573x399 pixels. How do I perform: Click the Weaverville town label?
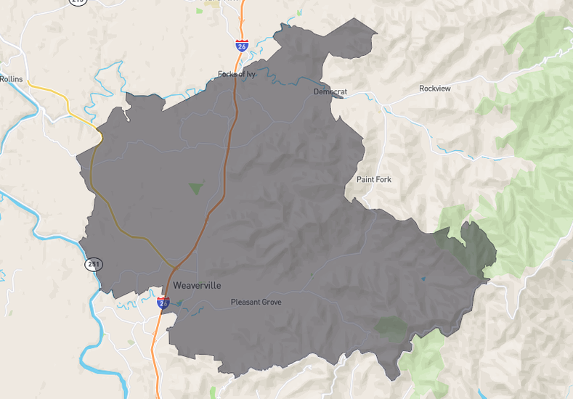point(197,286)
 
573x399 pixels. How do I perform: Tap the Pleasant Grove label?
point(256,302)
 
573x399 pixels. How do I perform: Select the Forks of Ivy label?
point(237,74)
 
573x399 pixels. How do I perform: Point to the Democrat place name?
point(330,92)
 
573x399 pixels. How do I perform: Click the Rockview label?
point(435,89)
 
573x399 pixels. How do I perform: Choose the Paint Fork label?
point(375,179)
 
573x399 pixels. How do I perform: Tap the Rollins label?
point(12,79)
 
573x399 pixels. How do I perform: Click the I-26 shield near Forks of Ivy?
point(241,46)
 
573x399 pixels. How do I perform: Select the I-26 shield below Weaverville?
point(163,303)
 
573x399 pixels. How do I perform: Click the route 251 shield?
point(93,264)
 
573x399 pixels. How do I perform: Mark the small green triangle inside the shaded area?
point(195,189)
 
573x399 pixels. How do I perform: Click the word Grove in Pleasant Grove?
point(269,302)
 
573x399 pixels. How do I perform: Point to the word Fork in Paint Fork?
point(385,179)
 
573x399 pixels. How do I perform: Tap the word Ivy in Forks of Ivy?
point(250,74)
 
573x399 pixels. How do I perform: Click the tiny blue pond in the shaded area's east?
point(423,278)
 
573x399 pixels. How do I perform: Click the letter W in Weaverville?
point(177,286)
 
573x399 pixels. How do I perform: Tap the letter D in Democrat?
point(316,92)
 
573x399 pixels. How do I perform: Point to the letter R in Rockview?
point(421,89)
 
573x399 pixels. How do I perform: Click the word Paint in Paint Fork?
point(365,179)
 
